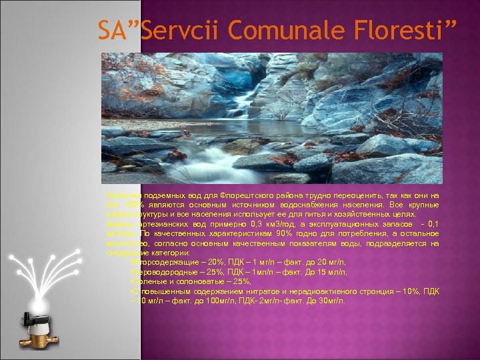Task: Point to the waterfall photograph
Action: [271, 118]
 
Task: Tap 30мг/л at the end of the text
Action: [331, 301]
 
